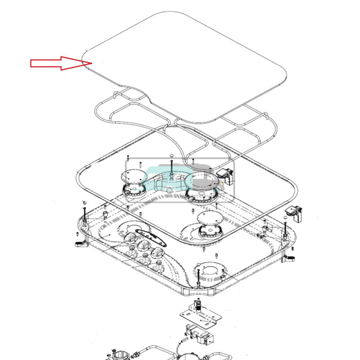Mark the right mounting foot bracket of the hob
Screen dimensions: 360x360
289,257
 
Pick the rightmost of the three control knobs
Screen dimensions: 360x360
157,253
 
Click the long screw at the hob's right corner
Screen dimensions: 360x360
285,229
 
